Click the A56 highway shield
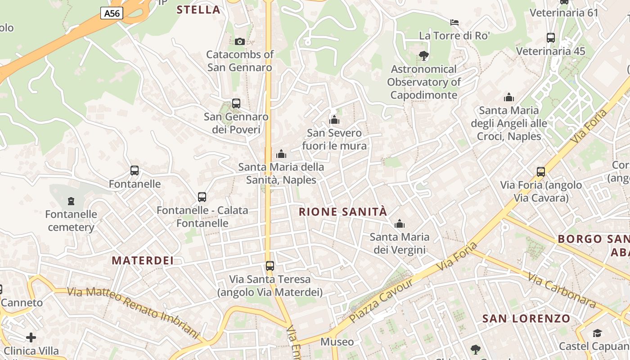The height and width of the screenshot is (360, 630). (x=112, y=13)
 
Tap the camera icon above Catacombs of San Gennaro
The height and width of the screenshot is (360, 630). (x=240, y=41)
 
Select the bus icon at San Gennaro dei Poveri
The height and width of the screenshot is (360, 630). (x=236, y=103)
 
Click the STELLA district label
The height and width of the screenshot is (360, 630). (x=198, y=10)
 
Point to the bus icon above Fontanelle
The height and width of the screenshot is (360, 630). (x=135, y=171)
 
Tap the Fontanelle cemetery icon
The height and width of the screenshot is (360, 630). (x=71, y=201)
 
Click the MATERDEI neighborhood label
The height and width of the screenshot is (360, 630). (x=143, y=261)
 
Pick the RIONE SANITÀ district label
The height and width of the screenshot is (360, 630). (x=343, y=212)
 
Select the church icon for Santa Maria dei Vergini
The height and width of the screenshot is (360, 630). (x=400, y=224)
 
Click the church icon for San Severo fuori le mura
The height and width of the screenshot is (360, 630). (x=334, y=120)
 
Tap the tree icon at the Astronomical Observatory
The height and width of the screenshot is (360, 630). (x=423, y=56)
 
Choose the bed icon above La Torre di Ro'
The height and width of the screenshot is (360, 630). (x=454, y=22)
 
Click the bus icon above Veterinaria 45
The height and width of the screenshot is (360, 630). (x=550, y=38)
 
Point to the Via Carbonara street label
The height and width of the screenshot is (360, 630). (x=562, y=291)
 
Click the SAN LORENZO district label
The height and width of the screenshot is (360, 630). (x=526, y=319)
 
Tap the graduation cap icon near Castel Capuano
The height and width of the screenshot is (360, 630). (x=597, y=333)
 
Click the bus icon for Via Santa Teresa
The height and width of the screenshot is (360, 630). (x=270, y=266)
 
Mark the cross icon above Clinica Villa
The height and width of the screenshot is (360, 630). (x=31, y=337)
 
